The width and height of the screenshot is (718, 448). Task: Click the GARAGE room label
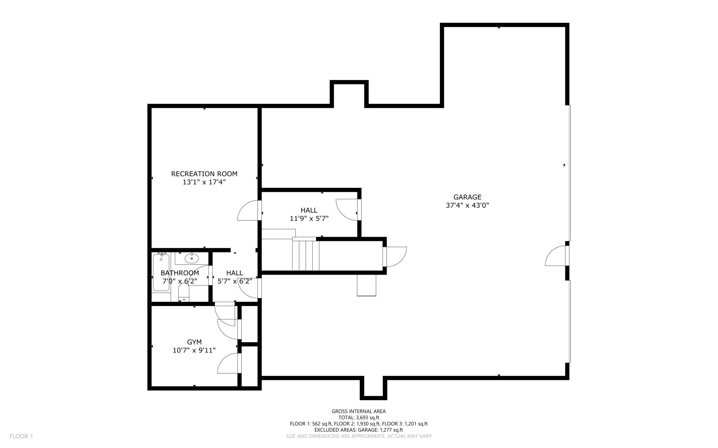(467, 197)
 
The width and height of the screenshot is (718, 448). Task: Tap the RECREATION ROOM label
(204, 174)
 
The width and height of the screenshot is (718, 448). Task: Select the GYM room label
(194, 342)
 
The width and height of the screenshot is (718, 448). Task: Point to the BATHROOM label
(180, 273)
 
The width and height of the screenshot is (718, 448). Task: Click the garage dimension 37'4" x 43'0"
(467, 205)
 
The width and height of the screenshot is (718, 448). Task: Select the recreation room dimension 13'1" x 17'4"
(204, 182)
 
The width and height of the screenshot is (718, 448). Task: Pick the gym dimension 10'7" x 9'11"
(194, 350)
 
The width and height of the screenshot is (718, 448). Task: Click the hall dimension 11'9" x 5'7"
(309, 218)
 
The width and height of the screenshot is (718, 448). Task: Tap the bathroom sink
(192, 258)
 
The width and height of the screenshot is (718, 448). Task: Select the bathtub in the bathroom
(161, 272)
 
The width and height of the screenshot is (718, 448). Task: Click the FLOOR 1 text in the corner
(21, 436)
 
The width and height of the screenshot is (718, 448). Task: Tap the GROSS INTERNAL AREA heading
(358, 411)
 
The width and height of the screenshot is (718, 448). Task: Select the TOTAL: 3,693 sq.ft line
(359, 418)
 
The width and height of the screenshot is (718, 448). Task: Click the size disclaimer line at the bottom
(359, 436)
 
